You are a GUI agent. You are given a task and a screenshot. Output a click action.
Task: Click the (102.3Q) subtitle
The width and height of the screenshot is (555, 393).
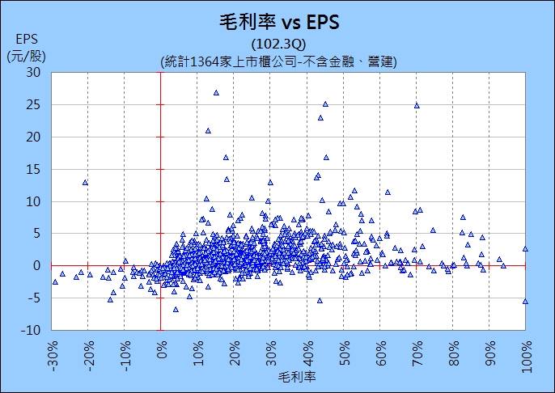click(x=278, y=44)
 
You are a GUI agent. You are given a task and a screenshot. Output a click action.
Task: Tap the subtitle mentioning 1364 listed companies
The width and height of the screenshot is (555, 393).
click(x=278, y=61)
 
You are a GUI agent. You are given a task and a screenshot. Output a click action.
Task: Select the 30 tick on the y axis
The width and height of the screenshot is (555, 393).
click(x=33, y=72)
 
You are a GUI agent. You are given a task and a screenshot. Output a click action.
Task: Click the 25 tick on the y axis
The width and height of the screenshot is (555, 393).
click(x=33, y=104)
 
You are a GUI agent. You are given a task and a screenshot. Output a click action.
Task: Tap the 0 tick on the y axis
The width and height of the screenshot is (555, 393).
click(x=36, y=266)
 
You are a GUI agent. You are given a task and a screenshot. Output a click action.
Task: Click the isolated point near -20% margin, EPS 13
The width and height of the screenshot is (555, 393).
click(x=85, y=182)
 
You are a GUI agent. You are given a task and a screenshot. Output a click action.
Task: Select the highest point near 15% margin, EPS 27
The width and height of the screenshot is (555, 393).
click(x=216, y=92)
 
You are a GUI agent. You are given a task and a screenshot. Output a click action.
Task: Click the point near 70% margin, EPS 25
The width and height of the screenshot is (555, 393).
click(x=417, y=105)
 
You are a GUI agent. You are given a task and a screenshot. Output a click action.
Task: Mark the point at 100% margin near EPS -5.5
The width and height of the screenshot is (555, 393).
click(x=525, y=301)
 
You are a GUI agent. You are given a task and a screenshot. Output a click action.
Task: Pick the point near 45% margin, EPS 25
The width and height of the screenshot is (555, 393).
click(x=325, y=104)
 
